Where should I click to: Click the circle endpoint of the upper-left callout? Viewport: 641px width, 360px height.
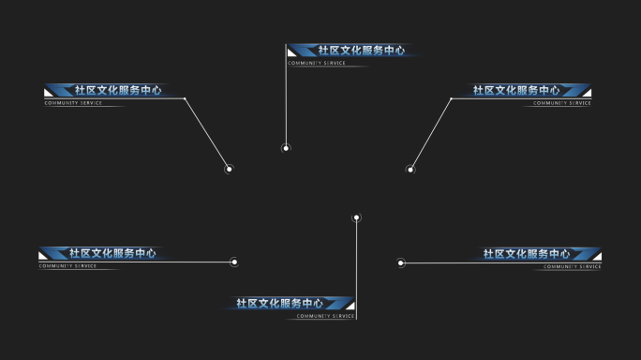[229, 170]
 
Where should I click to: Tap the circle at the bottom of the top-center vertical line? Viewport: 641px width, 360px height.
[286, 148]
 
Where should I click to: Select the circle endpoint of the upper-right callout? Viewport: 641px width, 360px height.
[410, 170]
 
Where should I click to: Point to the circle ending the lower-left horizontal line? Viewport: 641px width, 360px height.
[234, 262]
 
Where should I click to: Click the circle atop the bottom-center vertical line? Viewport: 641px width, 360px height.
[356, 217]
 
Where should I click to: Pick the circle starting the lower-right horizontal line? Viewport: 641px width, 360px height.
[401, 262]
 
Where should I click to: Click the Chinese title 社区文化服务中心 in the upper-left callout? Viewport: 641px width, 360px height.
[117, 91]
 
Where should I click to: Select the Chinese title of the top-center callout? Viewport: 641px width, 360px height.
[361, 51]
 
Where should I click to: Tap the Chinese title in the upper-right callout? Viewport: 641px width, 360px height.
[516, 91]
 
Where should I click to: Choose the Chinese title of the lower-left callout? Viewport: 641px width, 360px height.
[112, 253]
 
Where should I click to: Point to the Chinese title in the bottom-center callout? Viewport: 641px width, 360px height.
[279, 304]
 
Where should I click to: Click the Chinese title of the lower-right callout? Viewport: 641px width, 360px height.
[527, 254]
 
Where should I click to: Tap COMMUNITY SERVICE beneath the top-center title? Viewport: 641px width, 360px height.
[316, 64]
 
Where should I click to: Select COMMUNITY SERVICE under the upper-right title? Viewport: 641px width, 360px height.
[562, 103]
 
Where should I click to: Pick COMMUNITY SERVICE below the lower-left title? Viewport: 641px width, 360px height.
[67, 266]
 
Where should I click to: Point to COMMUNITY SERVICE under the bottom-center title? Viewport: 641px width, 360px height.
[325, 317]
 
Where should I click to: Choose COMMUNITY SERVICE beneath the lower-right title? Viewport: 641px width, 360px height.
[573, 266]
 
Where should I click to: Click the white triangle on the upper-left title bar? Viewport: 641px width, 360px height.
[47, 93]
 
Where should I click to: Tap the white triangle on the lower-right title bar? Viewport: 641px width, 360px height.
[597, 256]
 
